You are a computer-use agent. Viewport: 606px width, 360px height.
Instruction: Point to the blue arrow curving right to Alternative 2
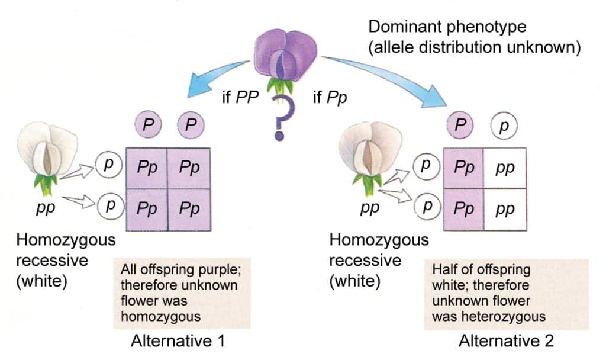(x=385, y=74)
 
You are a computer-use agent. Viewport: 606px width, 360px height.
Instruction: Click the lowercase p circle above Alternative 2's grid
(x=504, y=126)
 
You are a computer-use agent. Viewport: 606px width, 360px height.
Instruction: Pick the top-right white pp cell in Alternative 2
(x=505, y=168)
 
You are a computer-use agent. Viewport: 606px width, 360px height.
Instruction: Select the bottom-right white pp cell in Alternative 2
(x=505, y=210)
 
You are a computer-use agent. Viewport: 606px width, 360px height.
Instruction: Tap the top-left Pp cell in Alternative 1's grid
(x=147, y=168)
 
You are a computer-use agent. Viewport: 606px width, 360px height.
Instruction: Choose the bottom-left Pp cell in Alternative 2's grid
(x=464, y=210)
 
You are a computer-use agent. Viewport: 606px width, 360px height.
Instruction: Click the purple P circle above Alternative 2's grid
(x=463, y=126)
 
